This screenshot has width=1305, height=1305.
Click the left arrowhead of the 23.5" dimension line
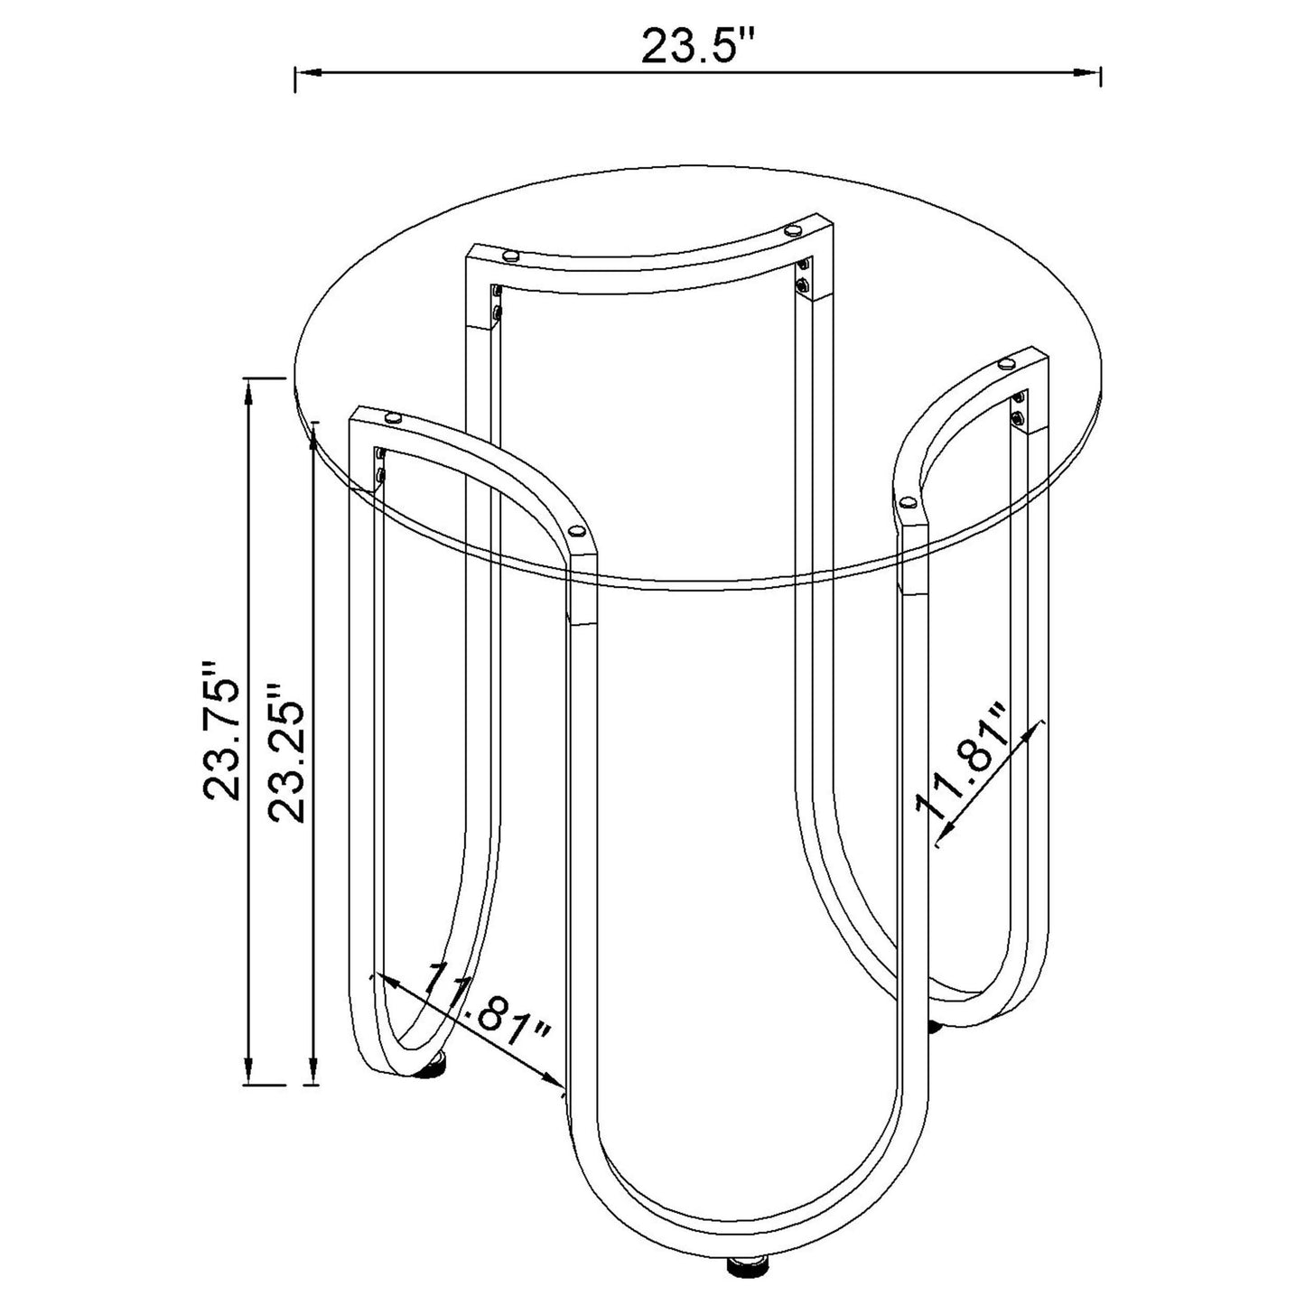[308, 71]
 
